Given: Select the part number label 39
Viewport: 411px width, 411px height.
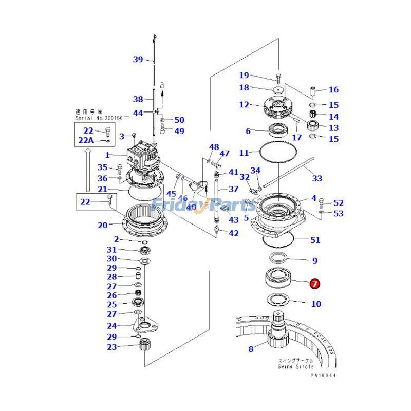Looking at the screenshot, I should [x=138, y=59].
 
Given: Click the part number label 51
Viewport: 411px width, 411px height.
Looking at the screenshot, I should [x=315, y=240].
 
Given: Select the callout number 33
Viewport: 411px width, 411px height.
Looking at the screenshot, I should [x=317, y=178].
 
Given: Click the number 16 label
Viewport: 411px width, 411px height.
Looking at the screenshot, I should [x=333, y=89].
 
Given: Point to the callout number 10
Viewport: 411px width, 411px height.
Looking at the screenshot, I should [x=316, y=304].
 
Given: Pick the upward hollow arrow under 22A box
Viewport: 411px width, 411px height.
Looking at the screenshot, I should [x=88, y=170].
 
